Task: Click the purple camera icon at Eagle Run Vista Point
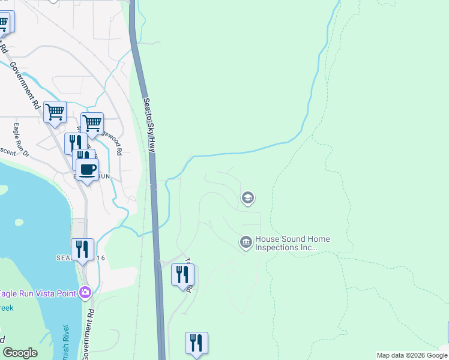click(x=85, y=292)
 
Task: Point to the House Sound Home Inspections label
click(x=293, y=243)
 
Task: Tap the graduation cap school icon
click(x=247, y=197)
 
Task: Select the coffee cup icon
click(x=87, y=169)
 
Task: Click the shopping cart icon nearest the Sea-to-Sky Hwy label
click(x=92, y=123)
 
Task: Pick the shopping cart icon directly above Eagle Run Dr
click(x=55, y=112)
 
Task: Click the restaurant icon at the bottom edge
click(x=196, y=343)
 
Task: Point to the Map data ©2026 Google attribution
click(x=412, y=355)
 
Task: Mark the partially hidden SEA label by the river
click(x=63, y=257)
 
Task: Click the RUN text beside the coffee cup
click(x=103, y=176)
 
